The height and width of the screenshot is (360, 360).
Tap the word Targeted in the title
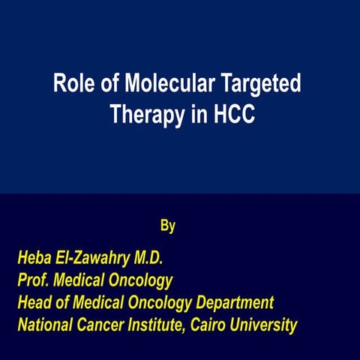pos(259,84)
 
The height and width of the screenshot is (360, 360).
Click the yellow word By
pos(168,225)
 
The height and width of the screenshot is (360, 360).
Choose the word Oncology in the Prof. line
pos(142,281)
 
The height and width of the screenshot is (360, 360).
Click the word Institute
pos(164,326)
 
